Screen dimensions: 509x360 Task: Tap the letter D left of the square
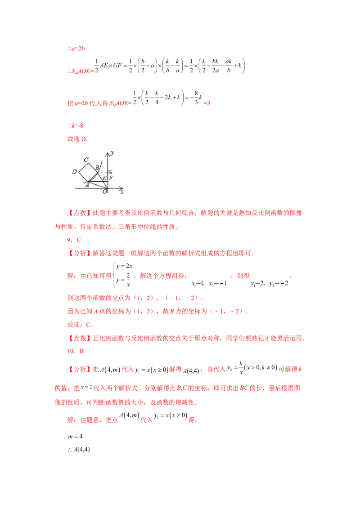(74, 172)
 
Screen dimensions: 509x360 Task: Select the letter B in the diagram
(97, 168)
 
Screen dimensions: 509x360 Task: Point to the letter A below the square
(87, 184)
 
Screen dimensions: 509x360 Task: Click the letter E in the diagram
(104, 179)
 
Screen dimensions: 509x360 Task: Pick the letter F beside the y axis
(111, 179)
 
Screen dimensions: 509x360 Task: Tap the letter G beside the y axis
(111, 173)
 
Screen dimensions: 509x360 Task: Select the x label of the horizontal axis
(121, 192)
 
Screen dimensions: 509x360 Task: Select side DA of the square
(83, 177)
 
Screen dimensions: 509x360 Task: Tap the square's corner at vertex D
(79, 172)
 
